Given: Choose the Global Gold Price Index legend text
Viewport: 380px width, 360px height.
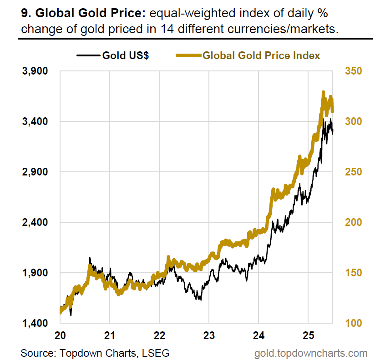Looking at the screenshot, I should (261, 56).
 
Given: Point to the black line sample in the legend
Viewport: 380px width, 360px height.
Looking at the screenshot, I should (88, 56).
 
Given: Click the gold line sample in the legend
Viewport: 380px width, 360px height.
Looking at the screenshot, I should (188, 56).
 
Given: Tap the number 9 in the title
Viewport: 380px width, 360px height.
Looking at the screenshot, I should (24, 13).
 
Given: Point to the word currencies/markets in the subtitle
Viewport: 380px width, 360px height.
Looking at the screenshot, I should (294, 30).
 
